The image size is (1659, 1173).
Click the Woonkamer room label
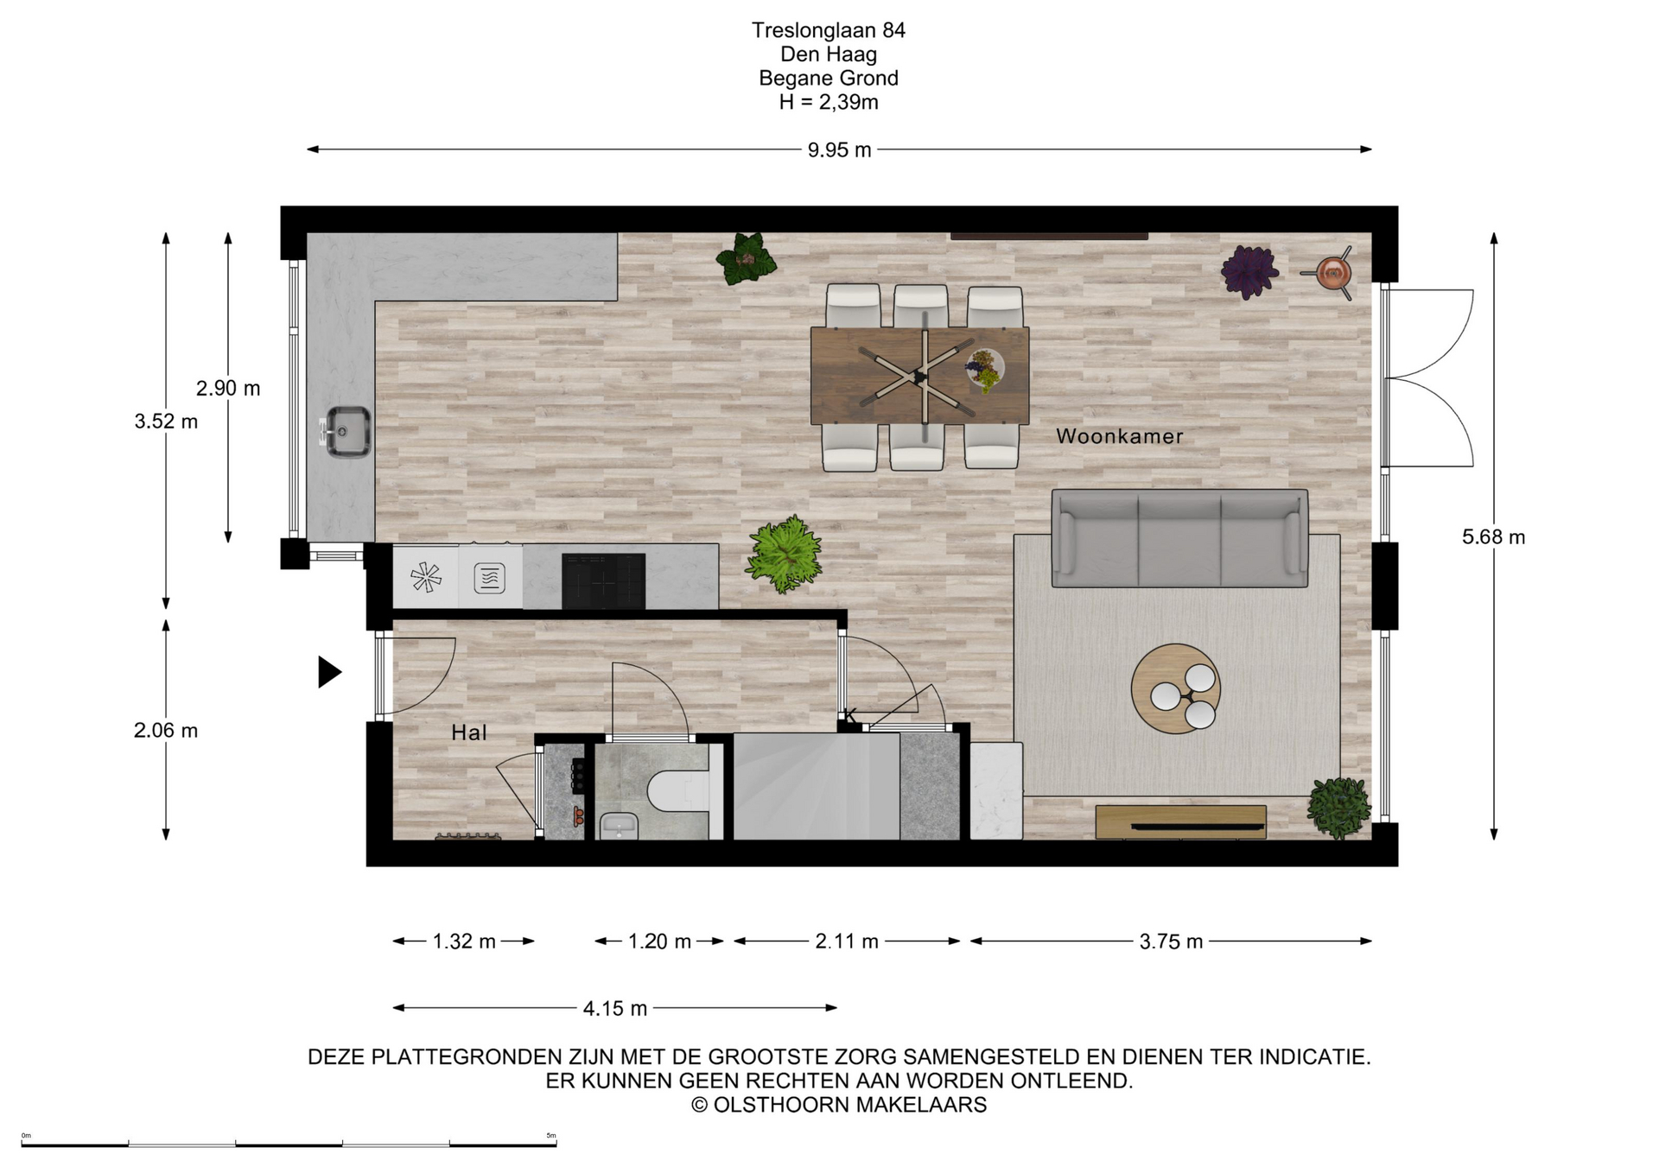pyautogui.click(x=1119, y=436)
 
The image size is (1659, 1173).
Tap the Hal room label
pyautogui.click(x=469, y=732)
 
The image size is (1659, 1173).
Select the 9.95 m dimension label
pyautogui.click(x=839, y=150)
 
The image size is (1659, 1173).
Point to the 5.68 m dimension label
pyautogui.click(x=1493, y=537)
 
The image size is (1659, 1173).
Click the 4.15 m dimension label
pyautogui.click(x=615, y=1008)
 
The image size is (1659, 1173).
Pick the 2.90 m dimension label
pyautogui.click(x=228, y=389)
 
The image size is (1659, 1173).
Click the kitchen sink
pyautogui.click(x=347, y=432)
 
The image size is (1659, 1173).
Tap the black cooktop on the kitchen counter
pyautogui.click(x=603, y=580)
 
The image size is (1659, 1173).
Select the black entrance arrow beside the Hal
pyautogui.click(x=329, y=672)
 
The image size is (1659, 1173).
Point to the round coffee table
pyautogui.click(x=1176, y=688)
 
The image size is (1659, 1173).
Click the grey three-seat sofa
pyautogui.click(x=1179, y=538)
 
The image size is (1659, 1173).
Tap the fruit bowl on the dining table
pyautogui.click(x=985, y=370)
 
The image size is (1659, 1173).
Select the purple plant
pyautogui.click(x=1249, y=271)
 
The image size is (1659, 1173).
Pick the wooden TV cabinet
pyautogui.click(x=1180, y=821)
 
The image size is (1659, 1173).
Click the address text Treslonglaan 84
pyautogui.click(x=829, y=30)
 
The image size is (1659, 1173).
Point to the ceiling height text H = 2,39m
pyautogui.click(x=829, y=102)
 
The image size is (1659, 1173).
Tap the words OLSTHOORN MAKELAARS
pyautogui.click(x=850, y=1105)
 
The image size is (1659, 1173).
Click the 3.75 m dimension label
pyautogui.click(x=1171, y=942)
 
